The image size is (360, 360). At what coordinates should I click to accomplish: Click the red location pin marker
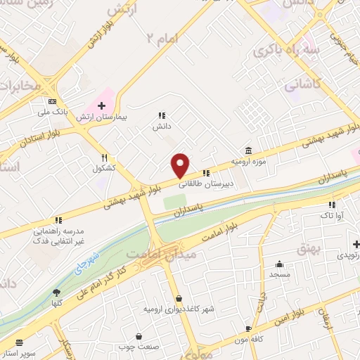181,165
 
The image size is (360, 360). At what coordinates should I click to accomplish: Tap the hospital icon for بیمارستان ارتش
102,105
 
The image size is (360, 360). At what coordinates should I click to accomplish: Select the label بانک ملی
53,111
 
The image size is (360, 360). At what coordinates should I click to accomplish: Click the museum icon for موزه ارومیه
247,150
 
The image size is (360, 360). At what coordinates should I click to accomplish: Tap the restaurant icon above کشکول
104,158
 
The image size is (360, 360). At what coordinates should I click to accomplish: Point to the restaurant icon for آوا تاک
330,205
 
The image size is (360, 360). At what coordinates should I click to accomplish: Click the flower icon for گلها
56,292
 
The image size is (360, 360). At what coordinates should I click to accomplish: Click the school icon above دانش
162,116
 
